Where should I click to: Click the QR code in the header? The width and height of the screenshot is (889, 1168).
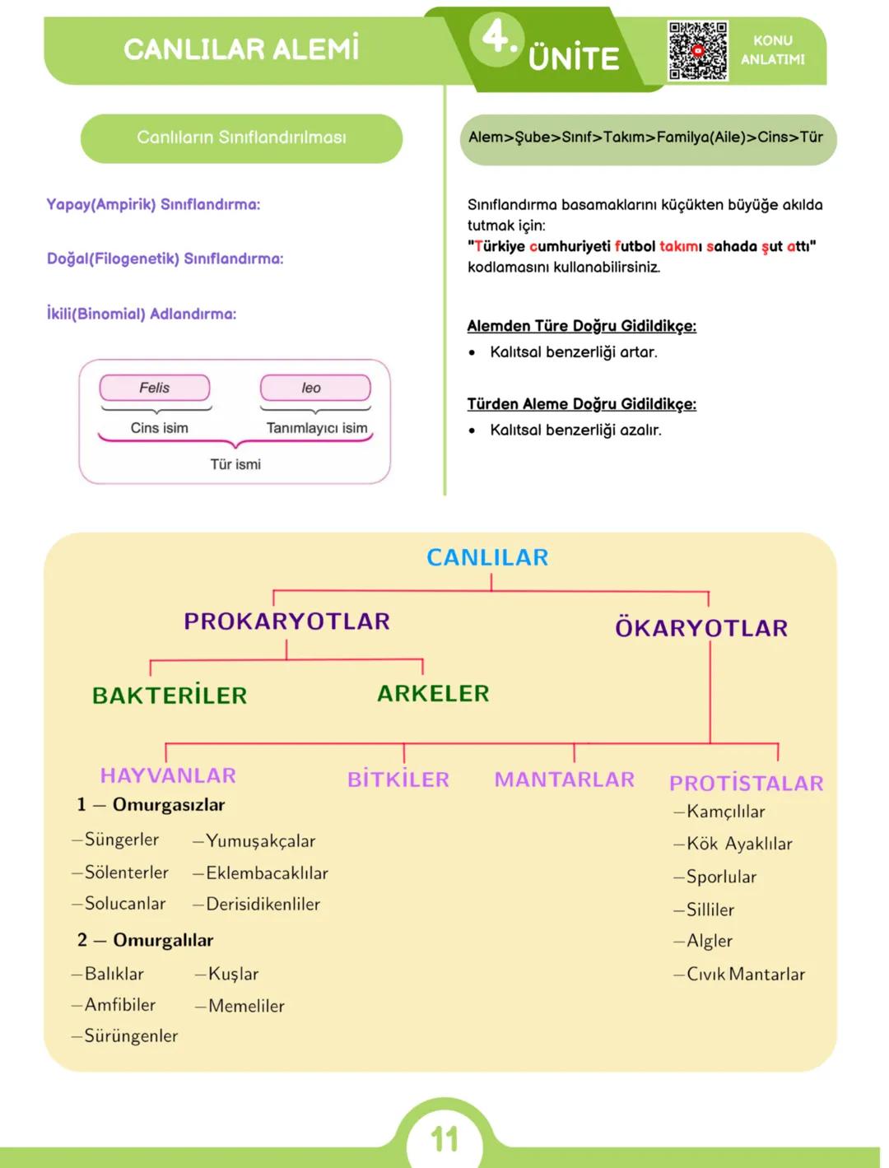[x=697, y=50]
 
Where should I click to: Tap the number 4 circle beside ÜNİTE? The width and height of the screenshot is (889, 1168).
[x=496, y=38]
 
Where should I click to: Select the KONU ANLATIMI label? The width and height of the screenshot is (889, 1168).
[x=772, y=49]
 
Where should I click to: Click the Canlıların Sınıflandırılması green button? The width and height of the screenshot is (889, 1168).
[x=241, y=137]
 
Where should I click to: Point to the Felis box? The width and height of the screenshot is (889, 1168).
[x=155, y=388]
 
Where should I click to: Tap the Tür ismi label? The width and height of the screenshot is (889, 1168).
[x=235, y=464]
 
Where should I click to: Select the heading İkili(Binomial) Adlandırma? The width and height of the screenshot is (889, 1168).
[x=142, y=314]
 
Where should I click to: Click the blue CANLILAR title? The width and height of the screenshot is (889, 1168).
[x=487, y=557]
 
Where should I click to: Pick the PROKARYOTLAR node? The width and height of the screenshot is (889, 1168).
[x=286, y=621]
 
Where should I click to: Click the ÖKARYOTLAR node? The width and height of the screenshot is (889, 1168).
[x=701, y=628]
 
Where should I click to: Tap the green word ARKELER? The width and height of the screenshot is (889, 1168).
[x=433, y=693]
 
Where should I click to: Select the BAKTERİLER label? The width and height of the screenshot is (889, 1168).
[x=170, y=696]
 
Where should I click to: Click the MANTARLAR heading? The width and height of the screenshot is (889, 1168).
[x=565, y=779]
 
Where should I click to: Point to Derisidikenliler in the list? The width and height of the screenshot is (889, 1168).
[x=263, y=904]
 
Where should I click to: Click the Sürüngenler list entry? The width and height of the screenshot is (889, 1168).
[x=130, y=1035]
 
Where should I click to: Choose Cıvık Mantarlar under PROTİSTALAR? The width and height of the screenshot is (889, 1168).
[x=745, y=974]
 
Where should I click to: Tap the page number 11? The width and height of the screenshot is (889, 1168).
[x=444, y=1139]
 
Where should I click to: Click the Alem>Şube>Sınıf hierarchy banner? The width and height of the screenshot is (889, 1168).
[x=645, y=137]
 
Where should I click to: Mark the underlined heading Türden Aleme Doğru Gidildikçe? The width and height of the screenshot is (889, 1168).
[x=581, y=404]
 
